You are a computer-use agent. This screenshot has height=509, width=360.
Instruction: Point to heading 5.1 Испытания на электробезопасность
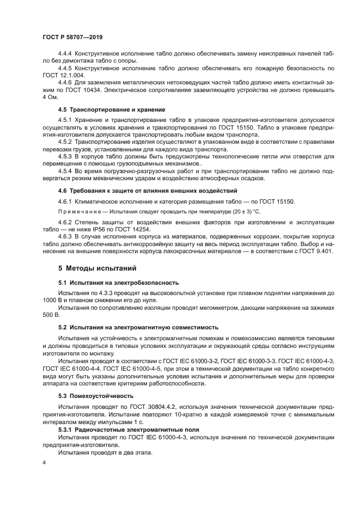(118, 283)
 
